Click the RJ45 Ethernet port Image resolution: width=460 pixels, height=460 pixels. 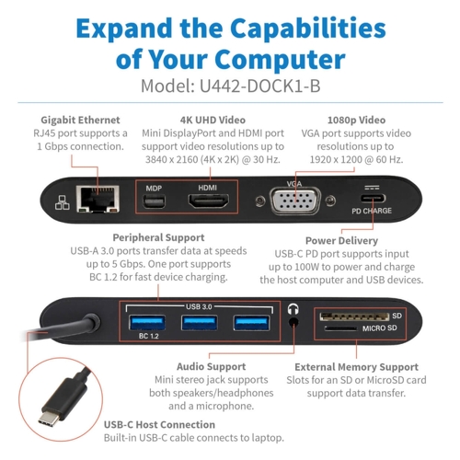tap(98, 199)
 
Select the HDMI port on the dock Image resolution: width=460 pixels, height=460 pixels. tap(209, 201)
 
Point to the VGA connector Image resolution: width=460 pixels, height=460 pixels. tap(295, 201)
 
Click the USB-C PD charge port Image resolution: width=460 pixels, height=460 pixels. tap(373, 199)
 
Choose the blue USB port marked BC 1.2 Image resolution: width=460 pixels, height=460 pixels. tap(147, 323)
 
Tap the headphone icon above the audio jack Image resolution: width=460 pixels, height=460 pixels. tap(293, 309)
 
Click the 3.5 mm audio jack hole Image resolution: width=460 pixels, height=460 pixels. tap(293, 322)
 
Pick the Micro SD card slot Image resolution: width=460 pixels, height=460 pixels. tap(341, 328)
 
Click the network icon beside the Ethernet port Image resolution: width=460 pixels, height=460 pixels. tap(63, 202)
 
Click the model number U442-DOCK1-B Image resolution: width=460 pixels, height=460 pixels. tap(260, 86)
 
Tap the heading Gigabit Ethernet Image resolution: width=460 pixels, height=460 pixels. tap(80, 121)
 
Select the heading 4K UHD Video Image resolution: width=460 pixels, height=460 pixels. tap(213, 120)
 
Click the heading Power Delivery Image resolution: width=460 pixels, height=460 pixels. tap(341, 241)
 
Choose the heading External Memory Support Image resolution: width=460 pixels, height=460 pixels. tap(356, 367)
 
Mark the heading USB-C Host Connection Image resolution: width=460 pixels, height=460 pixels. tap(159, 425)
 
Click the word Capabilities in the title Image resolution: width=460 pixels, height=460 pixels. tap(308, 29)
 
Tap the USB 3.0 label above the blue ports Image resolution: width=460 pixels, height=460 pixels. tap(199, 306)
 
